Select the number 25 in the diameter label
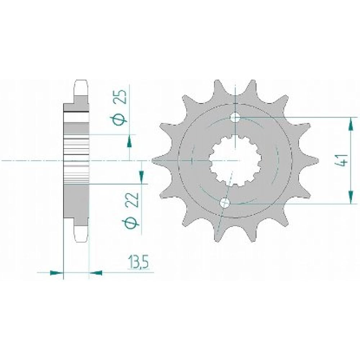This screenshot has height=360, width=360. [122, 97]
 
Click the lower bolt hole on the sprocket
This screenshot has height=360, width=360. [225, 203]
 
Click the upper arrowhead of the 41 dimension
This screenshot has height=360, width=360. [350, 125]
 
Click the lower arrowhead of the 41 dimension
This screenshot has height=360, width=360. [350, 197]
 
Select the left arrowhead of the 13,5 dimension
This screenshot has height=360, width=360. [56, 273]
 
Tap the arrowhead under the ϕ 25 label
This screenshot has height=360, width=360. [129, 142]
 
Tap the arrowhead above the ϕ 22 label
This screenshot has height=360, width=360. [141, 176]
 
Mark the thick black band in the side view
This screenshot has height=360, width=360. [76, 113]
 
